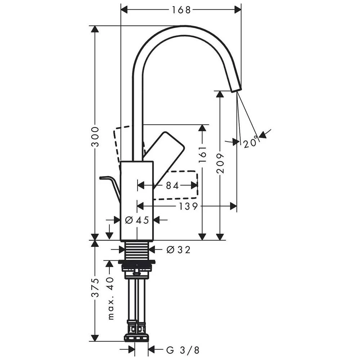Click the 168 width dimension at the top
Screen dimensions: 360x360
coord(181,10)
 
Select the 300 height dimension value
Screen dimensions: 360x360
coord(95,136)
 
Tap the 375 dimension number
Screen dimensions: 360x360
coord(95,288)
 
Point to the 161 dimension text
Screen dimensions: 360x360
coord(202,154)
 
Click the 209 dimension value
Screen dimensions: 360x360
coord(220,163)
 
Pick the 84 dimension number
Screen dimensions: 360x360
coord(172,185)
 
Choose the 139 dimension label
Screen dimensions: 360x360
coord(188,206)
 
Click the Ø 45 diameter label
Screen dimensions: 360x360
coord(137,220)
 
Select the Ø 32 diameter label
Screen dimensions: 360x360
coord(179,249)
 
